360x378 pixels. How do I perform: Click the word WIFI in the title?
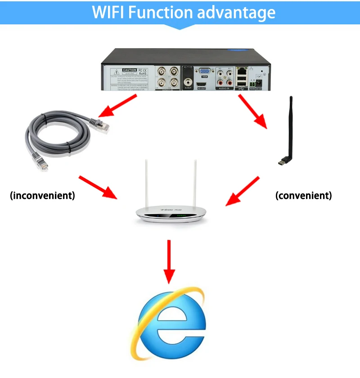click(108, 12)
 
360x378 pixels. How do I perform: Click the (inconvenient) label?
click(42, 196)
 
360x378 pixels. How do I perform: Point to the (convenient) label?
click(303, 196)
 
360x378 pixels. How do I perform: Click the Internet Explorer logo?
click(171, 326)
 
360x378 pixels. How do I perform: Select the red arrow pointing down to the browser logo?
click(169, 261)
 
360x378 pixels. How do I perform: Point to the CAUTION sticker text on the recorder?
click(129, 70)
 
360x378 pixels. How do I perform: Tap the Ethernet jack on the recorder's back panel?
click(242, 71)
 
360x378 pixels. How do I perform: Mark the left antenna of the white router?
click(146, 184)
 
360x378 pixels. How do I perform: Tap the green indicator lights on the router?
click(181, 216)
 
